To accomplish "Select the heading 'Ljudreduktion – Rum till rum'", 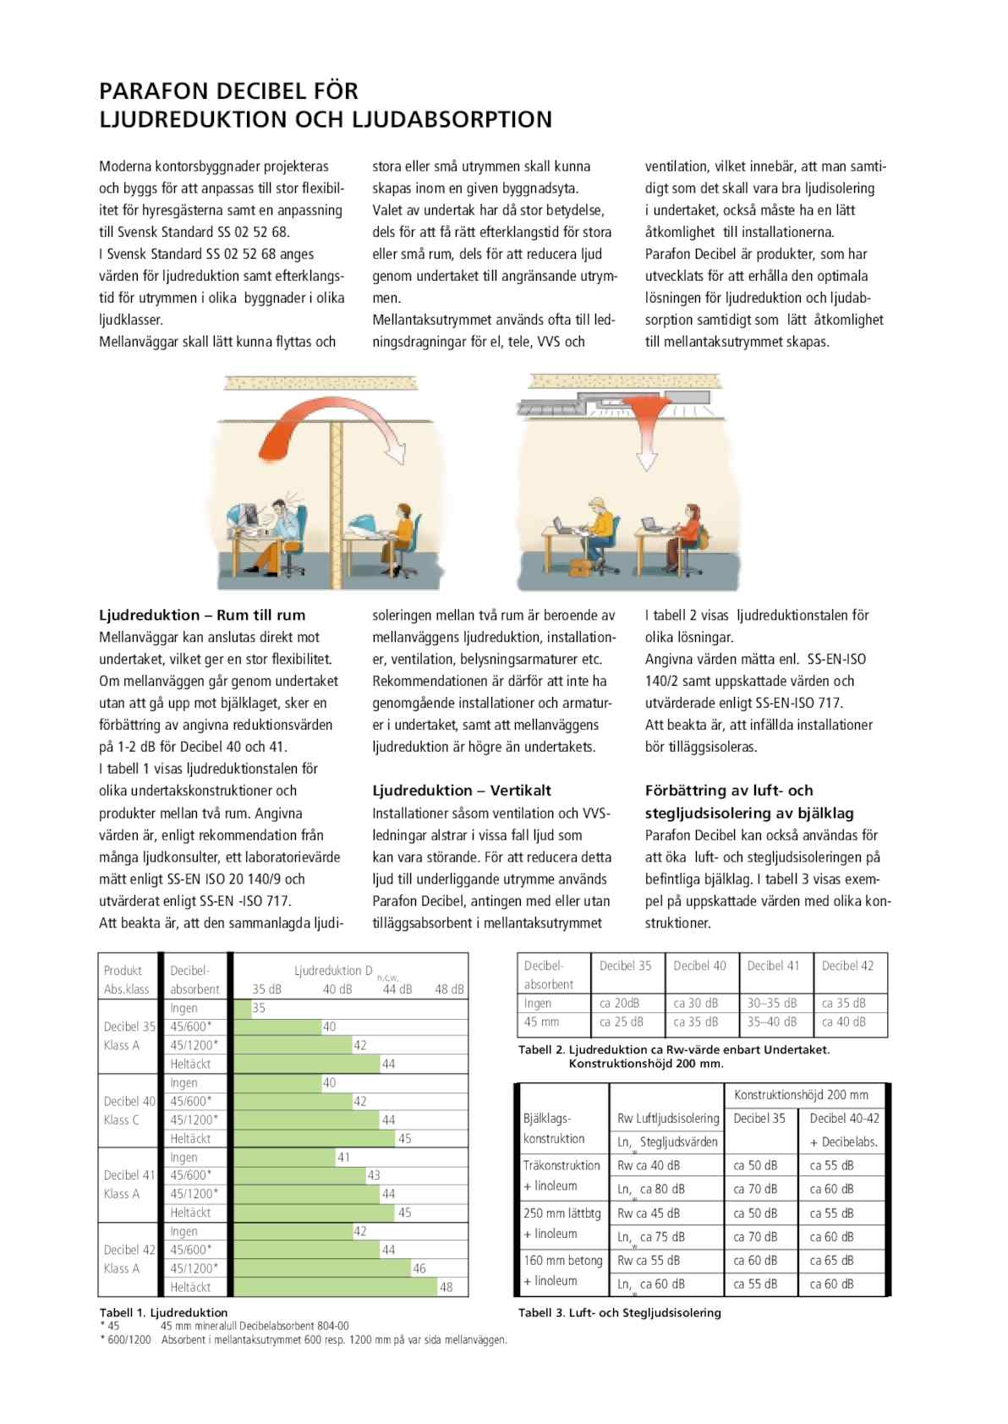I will pos(202,615).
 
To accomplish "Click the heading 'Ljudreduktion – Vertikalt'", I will pos(462,791).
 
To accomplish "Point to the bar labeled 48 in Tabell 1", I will pos(335,1287).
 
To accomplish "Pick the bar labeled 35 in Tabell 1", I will pos(243,1008).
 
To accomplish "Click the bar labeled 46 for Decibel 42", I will pos(322,1268).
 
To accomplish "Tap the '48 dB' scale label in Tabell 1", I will pos(449,989).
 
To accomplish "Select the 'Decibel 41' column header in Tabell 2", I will pos(773,966).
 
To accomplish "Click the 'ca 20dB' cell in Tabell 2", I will pos(620,1003).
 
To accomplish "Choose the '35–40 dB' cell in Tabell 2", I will pos(772,1021).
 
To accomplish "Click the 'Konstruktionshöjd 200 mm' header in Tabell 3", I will pos(801,1094).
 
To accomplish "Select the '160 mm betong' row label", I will pos(563,1260).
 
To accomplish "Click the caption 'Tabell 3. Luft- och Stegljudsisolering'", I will pos(620,1312).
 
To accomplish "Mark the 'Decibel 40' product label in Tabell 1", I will pos(129,1101).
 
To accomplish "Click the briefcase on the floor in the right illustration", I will pos(583,567).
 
